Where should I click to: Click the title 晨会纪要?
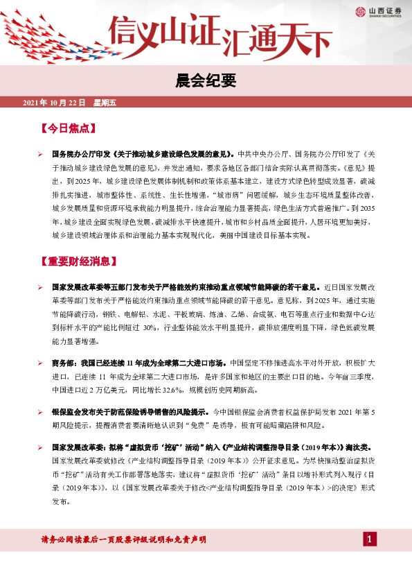206,80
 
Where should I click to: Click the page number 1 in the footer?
370,540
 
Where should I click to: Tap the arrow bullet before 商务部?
41,362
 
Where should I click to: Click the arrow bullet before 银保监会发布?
41,411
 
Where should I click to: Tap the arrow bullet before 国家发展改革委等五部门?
41,286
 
